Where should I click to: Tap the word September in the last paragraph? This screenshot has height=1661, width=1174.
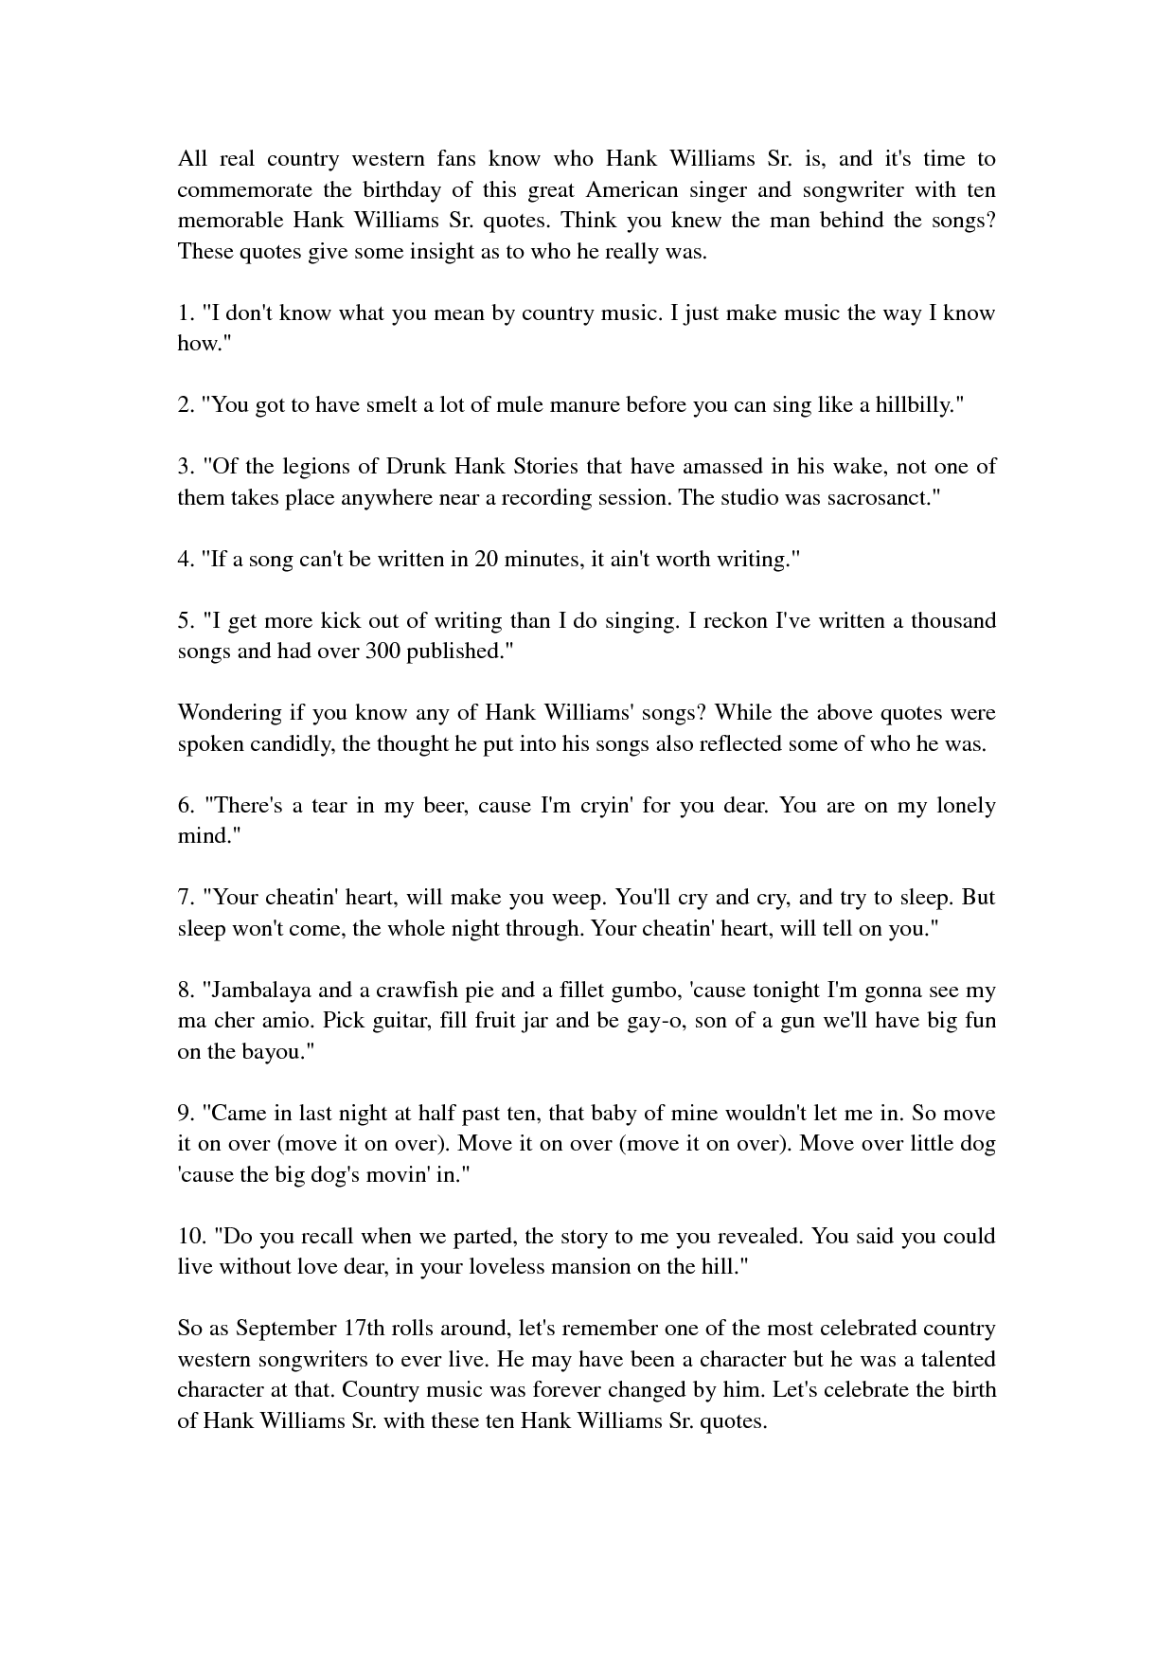(x=286, y=1329)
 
